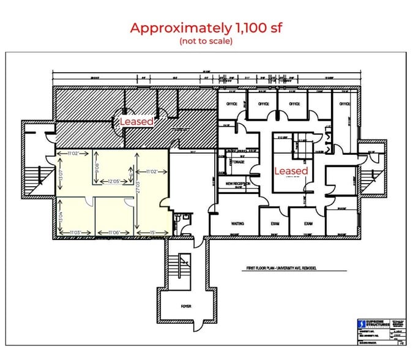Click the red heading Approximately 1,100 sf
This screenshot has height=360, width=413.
coord(206,28)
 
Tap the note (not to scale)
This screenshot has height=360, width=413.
coord(206,41)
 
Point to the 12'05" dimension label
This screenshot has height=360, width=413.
coord(113,182)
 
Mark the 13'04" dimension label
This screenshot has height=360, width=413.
coord(61,216)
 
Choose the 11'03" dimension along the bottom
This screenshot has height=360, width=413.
coord(78,233)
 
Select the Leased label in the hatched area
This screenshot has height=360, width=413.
coord(136,122)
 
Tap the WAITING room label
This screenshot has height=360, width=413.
coord(237,224)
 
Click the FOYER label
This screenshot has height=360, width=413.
coord(186,306)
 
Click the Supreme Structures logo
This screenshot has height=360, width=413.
coord(374,324)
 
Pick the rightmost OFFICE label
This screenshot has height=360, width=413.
coord(345,104)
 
